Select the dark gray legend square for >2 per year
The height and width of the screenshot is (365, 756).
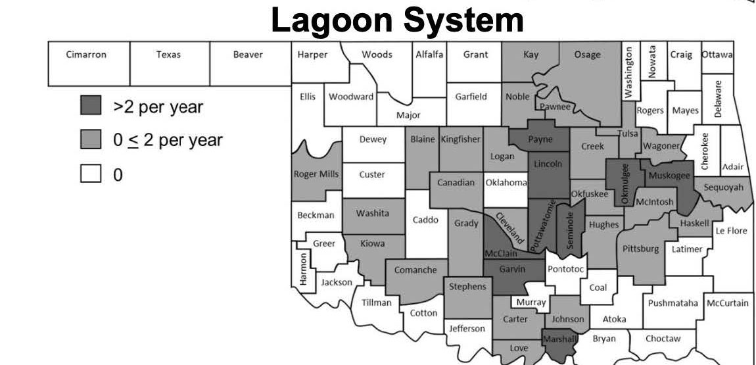coord(91,106)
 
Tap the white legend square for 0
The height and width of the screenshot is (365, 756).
coord(91,174)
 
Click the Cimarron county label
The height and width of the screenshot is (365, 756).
coord(86,55)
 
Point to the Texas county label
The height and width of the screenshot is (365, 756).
coord(168,55)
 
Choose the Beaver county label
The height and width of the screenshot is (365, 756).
coord(248,55)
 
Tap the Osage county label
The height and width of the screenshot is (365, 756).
coord(587,55)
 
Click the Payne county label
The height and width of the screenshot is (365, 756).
coord(540,139)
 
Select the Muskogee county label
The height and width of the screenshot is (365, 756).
coord(669,176)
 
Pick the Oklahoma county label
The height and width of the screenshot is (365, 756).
coord(506,183)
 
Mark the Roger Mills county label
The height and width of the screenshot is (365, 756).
coord(316,174)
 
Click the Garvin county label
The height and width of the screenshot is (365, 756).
coord(512,269)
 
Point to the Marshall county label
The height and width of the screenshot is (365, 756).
coord(559,339)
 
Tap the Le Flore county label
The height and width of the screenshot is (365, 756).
coord(732,231)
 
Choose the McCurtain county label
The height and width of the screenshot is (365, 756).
coord(727,303)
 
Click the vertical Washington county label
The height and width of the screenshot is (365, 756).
coord(629,73)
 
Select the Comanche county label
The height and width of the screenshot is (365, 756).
coord(415,270)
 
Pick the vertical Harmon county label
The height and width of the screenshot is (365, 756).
coord(303,269)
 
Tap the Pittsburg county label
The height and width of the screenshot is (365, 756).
coord(640,249)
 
